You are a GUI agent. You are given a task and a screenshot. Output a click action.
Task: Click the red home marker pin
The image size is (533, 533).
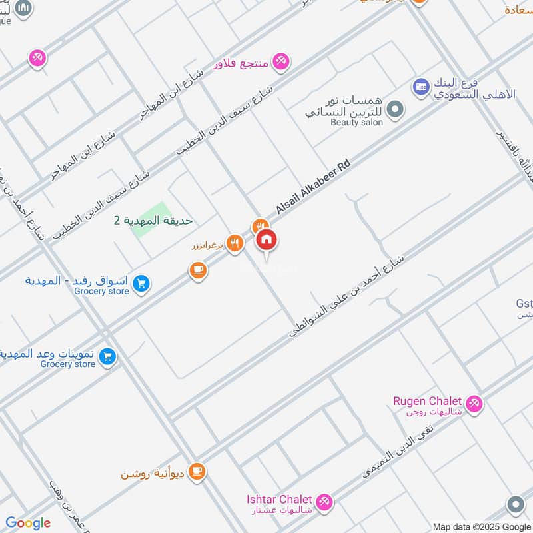click(x=266, y=240)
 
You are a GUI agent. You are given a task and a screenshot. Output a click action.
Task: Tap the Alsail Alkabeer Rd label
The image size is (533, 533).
click(x=313, y=189)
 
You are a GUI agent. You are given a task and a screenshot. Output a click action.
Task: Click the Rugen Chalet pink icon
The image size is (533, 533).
click(x=474, y=403)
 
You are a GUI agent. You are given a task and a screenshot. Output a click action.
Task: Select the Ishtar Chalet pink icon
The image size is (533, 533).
click(x=324, y=502)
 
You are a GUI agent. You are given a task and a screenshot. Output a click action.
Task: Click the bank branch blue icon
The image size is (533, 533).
click(x=420, y=85)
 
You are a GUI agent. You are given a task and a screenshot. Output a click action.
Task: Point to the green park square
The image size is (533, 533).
click(x=146, y=219)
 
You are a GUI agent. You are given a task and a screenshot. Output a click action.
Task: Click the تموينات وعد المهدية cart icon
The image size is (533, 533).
click(x=107, y=358)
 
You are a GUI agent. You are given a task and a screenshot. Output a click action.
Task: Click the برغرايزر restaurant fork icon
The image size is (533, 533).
click(x=233, y=243)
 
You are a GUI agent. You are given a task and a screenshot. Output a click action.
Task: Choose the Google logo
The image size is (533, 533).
click(x=28, y=523)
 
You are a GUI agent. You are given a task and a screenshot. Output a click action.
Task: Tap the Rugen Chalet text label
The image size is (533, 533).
click(x=427, y=401)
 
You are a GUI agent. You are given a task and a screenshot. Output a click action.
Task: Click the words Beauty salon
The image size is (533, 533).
click(x=356, y=123)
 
